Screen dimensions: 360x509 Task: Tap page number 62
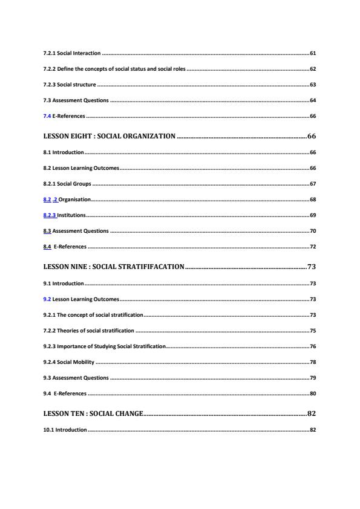coord(312,69)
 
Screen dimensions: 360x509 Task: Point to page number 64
coord(312,100)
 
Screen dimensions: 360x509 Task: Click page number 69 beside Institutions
coord(312,215)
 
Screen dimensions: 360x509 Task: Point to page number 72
coord(312,246)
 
